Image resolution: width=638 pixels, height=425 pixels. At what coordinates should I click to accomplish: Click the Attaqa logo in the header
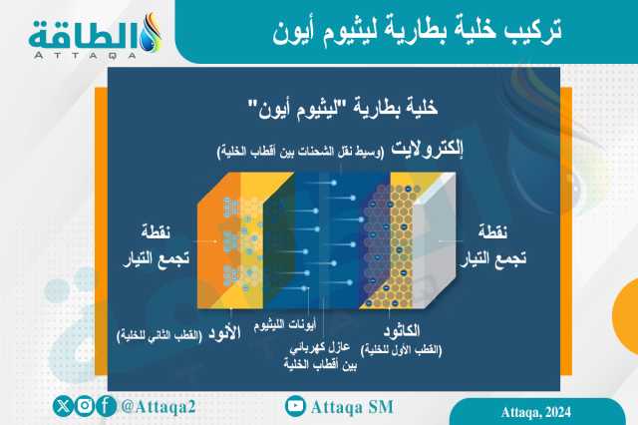click(96, 36)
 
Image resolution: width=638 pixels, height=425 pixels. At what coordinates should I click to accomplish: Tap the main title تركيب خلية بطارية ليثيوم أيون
click(417, 31)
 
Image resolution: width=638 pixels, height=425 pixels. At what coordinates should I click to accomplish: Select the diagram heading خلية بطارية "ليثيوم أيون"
click(343, 108)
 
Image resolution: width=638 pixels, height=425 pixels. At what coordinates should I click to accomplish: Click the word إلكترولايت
click(428, 149)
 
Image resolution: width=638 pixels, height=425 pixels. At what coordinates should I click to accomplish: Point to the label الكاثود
click(402, 330)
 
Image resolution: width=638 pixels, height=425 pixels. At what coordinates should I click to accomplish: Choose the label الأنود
click(224, 333)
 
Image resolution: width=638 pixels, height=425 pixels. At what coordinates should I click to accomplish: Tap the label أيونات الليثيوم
click(285, 325)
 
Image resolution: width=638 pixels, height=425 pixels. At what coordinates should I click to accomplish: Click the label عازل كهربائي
click(320, 347)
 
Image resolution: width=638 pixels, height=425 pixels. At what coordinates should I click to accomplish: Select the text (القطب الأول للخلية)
click(401, 349)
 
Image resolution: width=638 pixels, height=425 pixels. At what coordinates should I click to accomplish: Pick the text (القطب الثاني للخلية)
click(159, 336)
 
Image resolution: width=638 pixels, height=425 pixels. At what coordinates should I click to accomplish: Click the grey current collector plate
click(434, 240)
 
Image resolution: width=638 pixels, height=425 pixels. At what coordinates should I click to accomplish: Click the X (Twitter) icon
click(63, 406)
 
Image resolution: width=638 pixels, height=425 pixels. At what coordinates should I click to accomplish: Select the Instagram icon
click(85, 406)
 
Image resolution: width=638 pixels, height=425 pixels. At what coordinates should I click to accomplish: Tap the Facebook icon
click(107, 406)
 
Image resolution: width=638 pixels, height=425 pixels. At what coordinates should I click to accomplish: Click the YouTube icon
click(295, 406)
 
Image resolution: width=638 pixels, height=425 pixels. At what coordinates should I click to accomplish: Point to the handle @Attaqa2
click(159, 407)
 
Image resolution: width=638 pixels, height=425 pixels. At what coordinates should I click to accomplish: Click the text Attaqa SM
click(352, 407)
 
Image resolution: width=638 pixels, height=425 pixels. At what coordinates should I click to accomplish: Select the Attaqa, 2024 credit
click(536, 412)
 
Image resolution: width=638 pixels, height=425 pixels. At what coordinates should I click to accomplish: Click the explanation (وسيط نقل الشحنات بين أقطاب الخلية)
click(301, 153)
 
